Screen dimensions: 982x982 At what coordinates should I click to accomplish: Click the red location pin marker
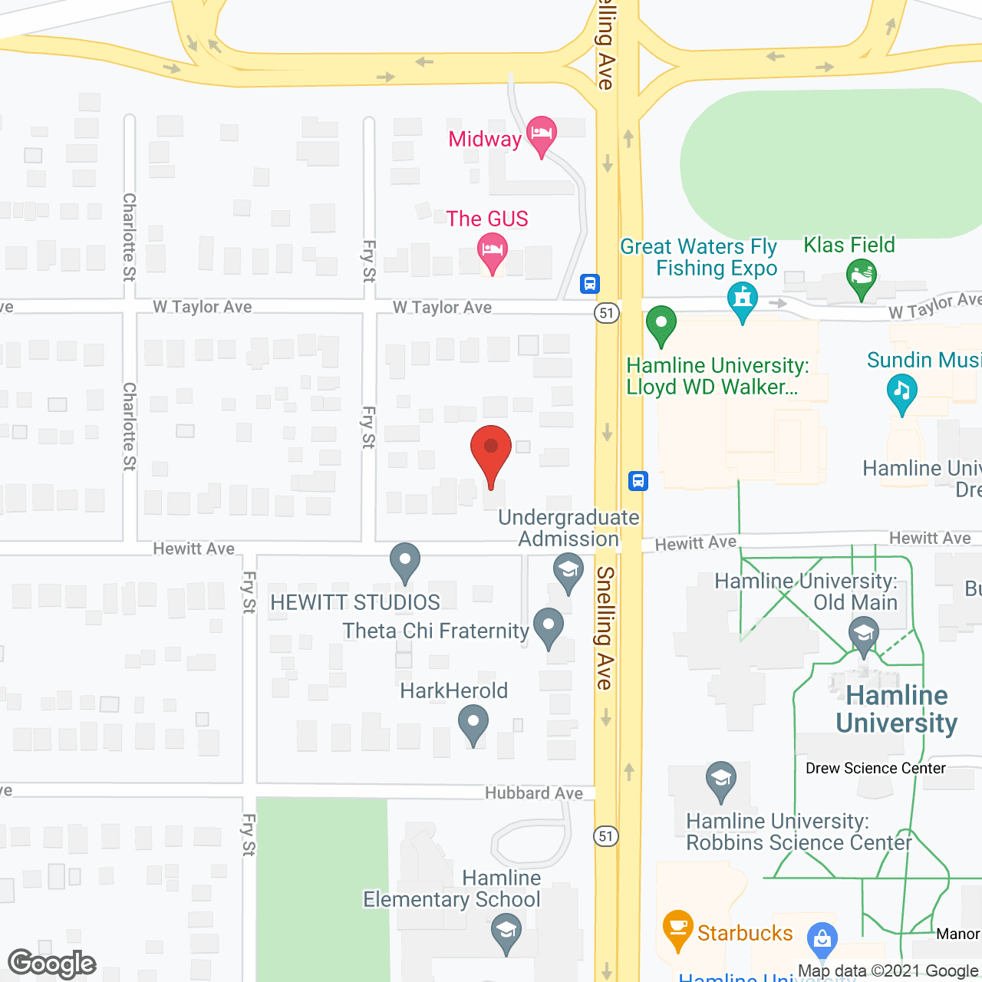[491, 452]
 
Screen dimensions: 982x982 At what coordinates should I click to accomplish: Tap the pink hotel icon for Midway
[541, 135]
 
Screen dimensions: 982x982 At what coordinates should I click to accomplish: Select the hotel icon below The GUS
[492, 252]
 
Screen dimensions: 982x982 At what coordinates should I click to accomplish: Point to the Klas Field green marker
[862, 278]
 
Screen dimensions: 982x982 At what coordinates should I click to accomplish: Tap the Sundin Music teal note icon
[901, 393]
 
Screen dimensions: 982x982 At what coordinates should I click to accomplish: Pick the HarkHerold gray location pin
[473, 723]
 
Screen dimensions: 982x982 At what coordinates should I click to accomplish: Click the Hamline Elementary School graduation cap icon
[506, 933]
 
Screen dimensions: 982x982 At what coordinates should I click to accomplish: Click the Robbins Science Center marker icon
[720, 780]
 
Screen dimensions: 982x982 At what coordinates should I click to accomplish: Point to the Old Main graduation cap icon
[864, 637]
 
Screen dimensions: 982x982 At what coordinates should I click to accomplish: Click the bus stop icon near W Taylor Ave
[589, 284]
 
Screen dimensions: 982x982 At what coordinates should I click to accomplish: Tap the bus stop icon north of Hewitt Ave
[638, 481]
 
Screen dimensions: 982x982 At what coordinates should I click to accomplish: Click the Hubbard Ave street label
[533, 793]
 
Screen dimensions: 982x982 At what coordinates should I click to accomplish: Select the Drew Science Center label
[875, 768]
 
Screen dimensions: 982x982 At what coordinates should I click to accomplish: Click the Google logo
[52, 964]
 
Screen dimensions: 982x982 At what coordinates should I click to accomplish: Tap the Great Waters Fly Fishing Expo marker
[742, 301]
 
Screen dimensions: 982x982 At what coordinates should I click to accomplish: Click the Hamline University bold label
[896, 709]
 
